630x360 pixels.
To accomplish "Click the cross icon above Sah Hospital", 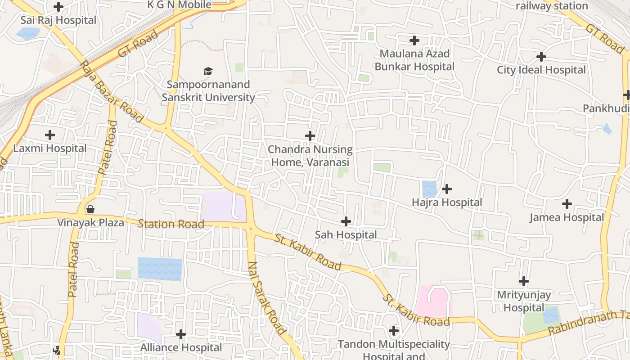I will (x=346, y=221).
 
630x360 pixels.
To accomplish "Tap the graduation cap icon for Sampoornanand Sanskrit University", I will (x=207, y=71).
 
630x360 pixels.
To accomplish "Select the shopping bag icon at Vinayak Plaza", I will (x=90, y=209).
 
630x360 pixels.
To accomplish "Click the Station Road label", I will (x=171, y=224).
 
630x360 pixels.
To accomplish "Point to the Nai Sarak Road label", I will (x=266, y=298).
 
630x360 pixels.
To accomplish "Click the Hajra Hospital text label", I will (x=447, y=202).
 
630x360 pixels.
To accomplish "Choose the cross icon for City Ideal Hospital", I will (x=541, y=57).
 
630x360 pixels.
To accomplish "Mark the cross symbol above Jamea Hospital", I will (x=567, y=204).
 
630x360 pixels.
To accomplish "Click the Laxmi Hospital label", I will (x=50, y=148).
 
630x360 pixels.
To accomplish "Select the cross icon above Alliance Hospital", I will (x=181, y=334).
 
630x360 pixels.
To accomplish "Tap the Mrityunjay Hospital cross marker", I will (x=523, y=281).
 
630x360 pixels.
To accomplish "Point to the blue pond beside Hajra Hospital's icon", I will (x=429, y=189).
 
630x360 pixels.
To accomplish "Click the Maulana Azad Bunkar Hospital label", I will (x=414, y=60).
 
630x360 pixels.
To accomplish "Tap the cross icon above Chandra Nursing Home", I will (x=310, y=136).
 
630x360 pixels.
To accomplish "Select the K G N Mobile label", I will (x=180, y=5).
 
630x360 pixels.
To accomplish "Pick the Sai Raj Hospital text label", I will (x=58, y=20).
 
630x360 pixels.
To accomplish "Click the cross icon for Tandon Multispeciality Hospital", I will (x=394, y=331).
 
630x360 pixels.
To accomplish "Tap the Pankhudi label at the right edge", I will (x=606, y=108).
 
